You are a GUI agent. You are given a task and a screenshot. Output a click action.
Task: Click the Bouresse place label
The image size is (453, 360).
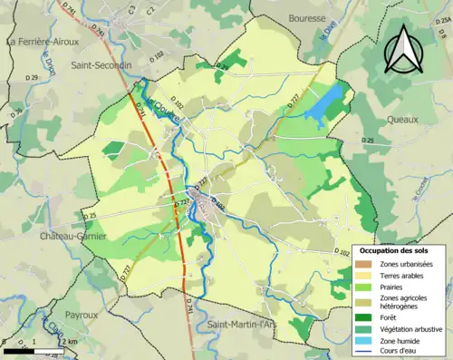(306, 18)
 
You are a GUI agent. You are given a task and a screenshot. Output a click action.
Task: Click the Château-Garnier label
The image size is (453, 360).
(72, 236)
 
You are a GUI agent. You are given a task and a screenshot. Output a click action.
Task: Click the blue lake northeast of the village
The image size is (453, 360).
(324, 106)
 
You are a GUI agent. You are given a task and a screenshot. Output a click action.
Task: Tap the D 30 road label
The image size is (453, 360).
(17, 112)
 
